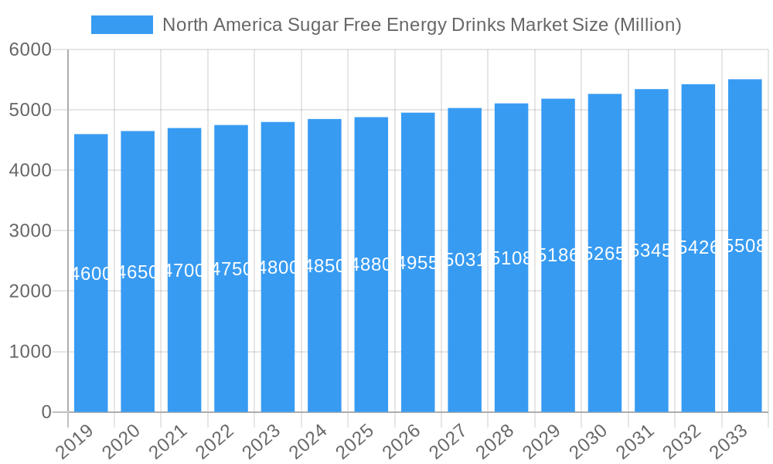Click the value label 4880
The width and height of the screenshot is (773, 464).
pos(371,264)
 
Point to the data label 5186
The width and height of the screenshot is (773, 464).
pos(558,255)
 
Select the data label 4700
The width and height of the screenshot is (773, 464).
pos(184,271)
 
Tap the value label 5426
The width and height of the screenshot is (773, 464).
pos(698,247)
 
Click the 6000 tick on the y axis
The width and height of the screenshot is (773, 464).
pos(30,49)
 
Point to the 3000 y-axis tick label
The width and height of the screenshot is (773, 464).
pos(30,230)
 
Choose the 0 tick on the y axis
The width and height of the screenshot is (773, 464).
pos(46,412)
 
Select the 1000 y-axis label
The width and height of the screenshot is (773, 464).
pos(30,352)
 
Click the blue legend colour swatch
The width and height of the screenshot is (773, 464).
pos(121,25)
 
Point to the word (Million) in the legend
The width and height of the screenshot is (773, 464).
pos(648,25)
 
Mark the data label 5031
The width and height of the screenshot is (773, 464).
pos(465,260)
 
